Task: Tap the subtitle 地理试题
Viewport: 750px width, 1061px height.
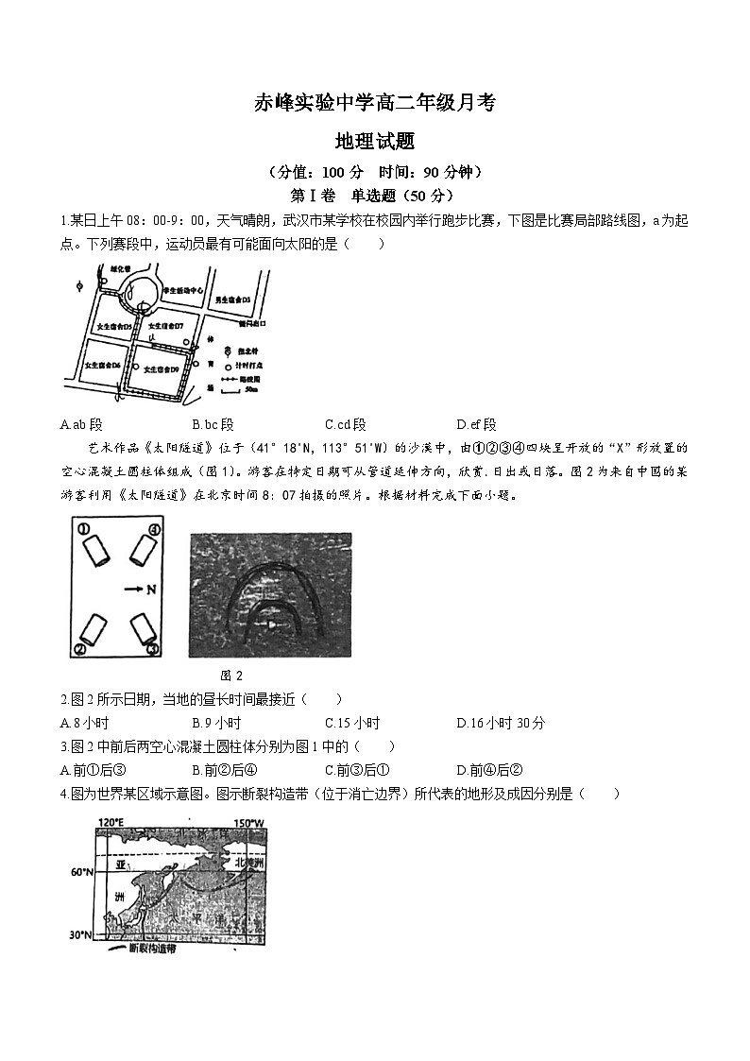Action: (x=375, y=142)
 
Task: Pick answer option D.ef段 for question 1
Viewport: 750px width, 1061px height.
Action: (x=476, y=424)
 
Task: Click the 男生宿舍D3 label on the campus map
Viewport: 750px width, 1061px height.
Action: (x=230, y=299)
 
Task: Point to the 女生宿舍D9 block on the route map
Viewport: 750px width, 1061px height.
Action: (x=162, y=369)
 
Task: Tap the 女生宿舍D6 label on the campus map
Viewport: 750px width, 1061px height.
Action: (x=102, y=365)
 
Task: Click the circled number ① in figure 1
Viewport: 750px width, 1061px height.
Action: (x=83, y=529)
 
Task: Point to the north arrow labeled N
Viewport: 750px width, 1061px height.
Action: (x=138, y=589)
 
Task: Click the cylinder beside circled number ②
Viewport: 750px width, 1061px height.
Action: (x=94, y=626)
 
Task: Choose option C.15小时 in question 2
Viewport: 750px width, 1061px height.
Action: (x=351, y=723)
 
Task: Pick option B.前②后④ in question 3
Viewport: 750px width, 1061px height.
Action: (x=217, y=770)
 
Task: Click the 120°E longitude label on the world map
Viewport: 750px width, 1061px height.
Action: (x=111, y=822)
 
